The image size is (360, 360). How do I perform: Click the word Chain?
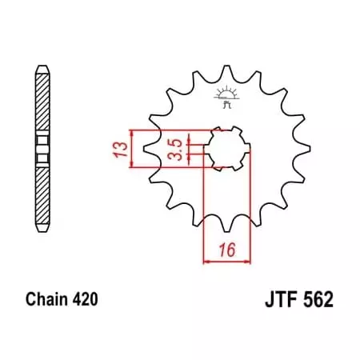pyautogui.click(x=49, y=302)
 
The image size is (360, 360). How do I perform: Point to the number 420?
pyautogui.click(x=86, y=302)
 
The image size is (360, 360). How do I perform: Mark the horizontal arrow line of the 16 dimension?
pyautogui.click(x=228, y=260)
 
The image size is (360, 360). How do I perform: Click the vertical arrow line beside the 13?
pyautogui.click(x=131, y=149)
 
